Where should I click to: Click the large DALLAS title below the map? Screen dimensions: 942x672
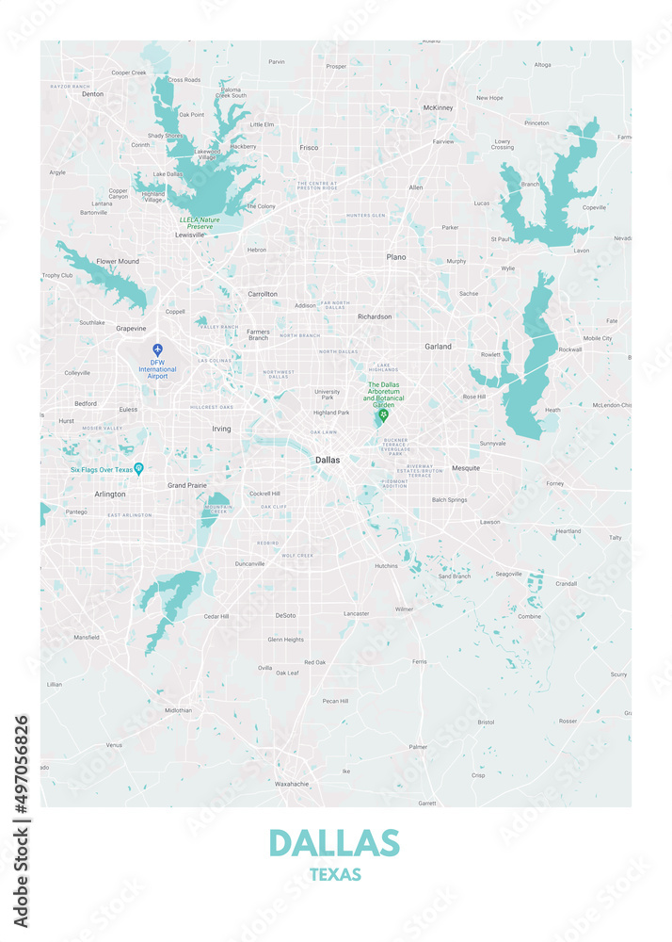pos(334,842)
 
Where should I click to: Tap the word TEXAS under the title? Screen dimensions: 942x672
pos(334,875)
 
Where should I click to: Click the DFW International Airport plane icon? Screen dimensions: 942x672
pos(157,349)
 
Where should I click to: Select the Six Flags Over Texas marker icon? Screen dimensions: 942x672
pos(138,468)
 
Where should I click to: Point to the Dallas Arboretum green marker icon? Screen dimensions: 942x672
pos(383,415)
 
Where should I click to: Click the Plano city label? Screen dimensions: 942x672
pos(396,256)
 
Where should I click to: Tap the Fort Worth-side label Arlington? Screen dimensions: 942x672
pos(110,494)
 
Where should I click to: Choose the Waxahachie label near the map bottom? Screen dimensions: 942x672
pos(292,784)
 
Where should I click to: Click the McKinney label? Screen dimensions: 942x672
pos(438,107)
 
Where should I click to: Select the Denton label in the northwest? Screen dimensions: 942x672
pos(92,94)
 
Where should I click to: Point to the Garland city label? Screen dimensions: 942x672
pos(438,346)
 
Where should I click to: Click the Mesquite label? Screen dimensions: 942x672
pos(466,468)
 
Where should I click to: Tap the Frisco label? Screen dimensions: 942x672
pos(309,148)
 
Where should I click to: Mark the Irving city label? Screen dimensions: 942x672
pos(221,429)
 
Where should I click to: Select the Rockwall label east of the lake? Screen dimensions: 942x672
pos(570,349)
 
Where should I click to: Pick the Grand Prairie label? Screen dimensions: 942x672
pos(186,485)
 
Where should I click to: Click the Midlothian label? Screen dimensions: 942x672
pos(178,710)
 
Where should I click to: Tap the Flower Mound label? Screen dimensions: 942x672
pos(118,261)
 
